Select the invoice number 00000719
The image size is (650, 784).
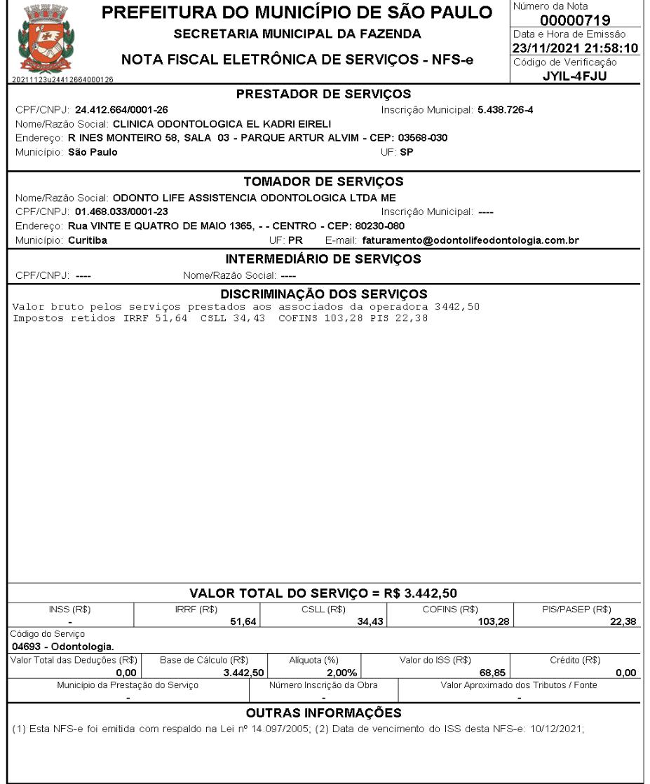coord(574,21)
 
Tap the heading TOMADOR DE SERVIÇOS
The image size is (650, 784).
coord(323,181)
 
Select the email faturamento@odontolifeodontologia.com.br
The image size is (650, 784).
coord(470,240)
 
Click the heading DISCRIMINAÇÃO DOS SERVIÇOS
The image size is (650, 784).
coord(323,293)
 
